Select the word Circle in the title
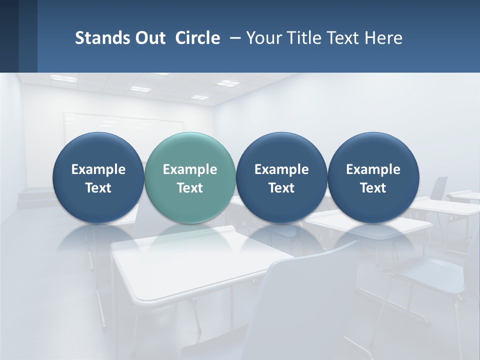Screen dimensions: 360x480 [x=197, y=38]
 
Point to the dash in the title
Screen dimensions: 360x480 [x=233, y=38]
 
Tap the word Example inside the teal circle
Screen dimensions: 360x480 [x=190, y=169]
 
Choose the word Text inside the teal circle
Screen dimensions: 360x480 [x=190, y=188]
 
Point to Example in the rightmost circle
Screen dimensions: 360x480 [x=373, y=169]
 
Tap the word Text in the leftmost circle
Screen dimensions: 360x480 [x=98, y=188]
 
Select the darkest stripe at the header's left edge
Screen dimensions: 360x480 [x=9, y=36]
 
